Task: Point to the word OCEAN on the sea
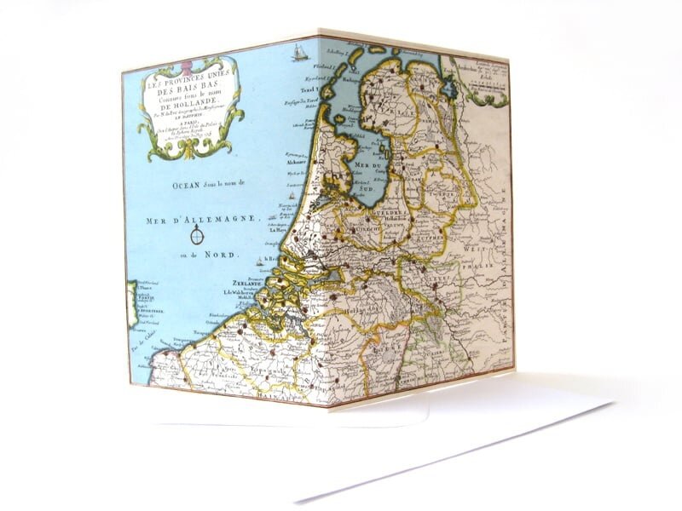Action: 162,181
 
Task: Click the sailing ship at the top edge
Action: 299,53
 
